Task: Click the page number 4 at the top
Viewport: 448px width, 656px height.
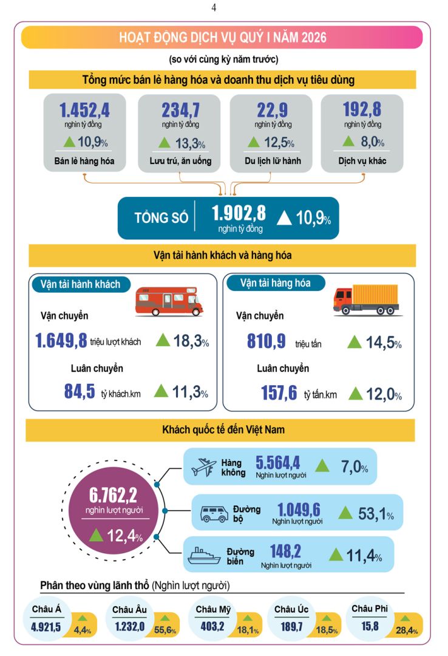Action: pyautogui.click(x=214, y=8)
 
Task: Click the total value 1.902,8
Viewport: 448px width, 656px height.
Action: pyautogui.click(x=239, y=213)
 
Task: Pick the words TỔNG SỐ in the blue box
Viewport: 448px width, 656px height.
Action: pyautogui.click(x=161, y=217)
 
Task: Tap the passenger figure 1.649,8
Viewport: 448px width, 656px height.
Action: pyautogui.click(x=61, y=340)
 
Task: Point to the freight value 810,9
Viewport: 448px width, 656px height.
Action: pyautogui.click(x=266, y=341)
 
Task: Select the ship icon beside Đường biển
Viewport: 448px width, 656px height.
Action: pyautogui.click(x=203, y=556)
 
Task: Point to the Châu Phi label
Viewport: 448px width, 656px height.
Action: pyautogui.click(x=369, y=608)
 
